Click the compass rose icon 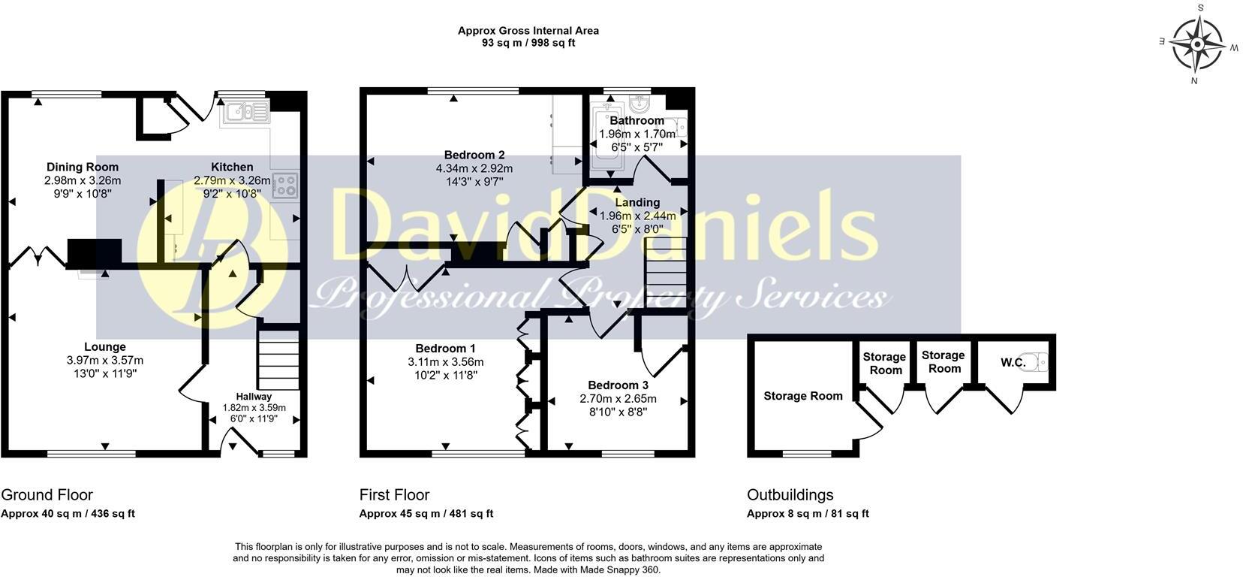pos(1196,44)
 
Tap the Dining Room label pos(83,167)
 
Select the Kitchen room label pos(232,167)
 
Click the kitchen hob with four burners pos(284,184)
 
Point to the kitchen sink pos(243,112)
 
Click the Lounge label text pos(104,347)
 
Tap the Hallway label pos(254,397)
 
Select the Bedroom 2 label pos(469,156)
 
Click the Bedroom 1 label pos(446,349)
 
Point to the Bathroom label pos(637,120)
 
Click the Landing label pos(637,202)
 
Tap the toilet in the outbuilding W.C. pos(1039,363)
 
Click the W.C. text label pos(1013,363)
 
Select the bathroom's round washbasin pos(640,102)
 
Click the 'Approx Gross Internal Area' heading pos(528,31)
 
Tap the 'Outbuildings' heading pos(790,495)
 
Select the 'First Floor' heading pos(394,495)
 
